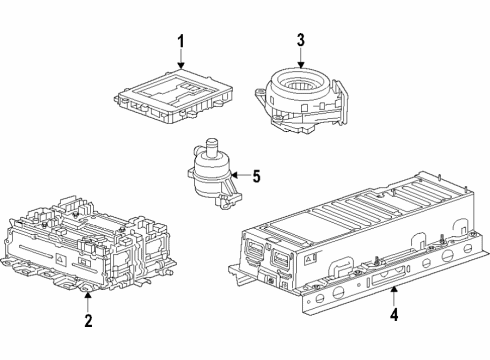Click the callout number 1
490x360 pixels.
pyautogui.click(x=182, y=41)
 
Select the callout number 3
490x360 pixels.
pyautogui.click(x=300, y=40)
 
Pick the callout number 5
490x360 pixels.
pyautogui.click(x=256, y=176)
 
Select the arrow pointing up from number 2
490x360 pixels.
pyautogui.click(x=88, y=301)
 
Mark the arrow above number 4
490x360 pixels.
pyautogui.click(x=394, y=296)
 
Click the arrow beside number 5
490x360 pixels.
pyautogui.click(x=239, y=176)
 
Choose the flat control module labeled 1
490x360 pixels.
pyautogui.click(x=170, y=95)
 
